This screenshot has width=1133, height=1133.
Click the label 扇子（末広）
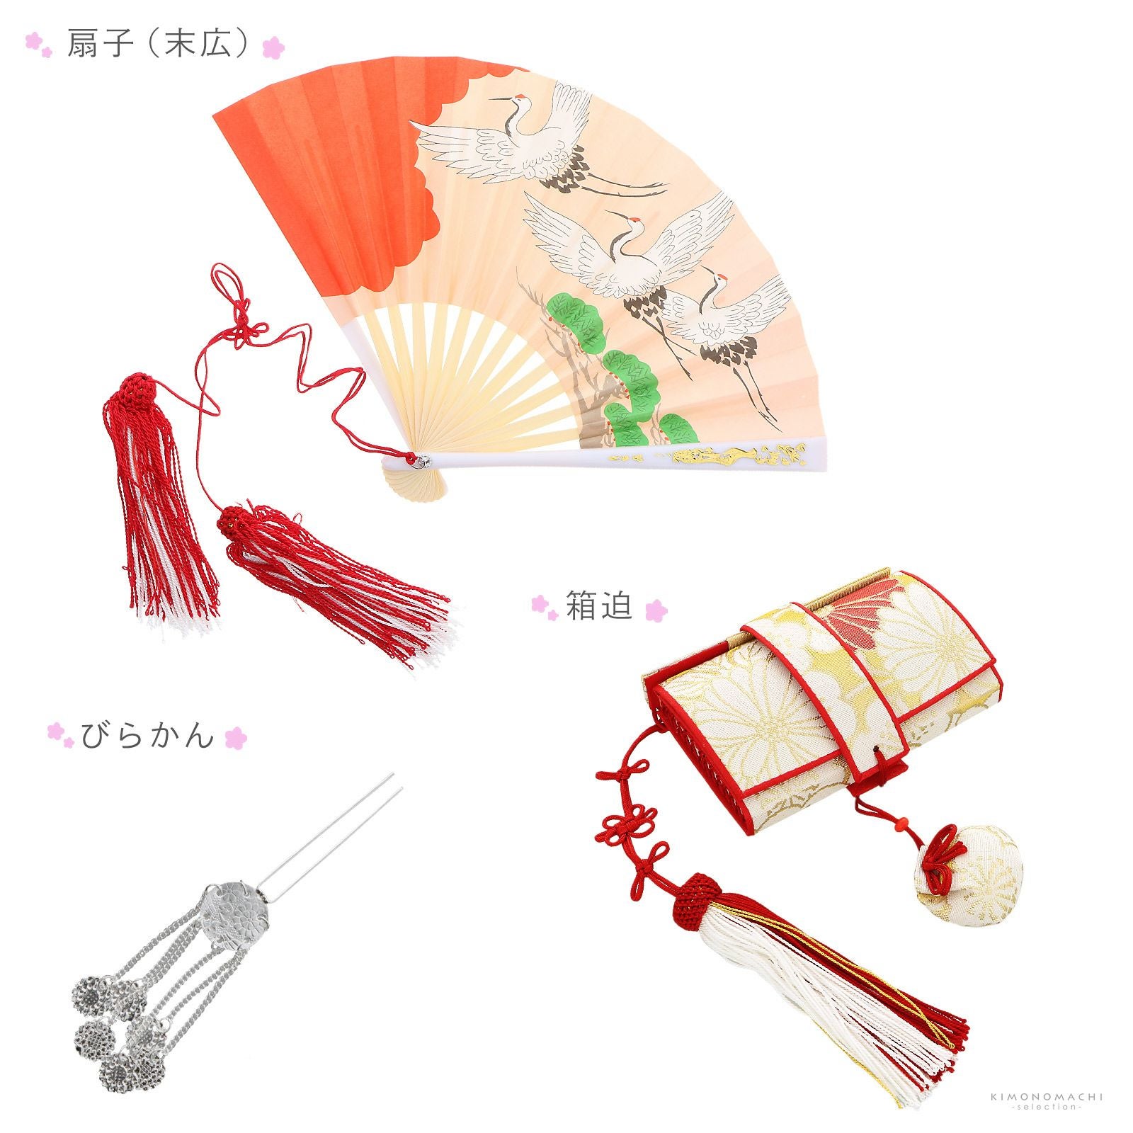click(157, 44)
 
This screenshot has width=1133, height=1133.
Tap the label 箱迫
click(598, 606)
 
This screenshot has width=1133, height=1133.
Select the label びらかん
click(147, 736)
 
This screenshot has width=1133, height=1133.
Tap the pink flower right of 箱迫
click(656, 608)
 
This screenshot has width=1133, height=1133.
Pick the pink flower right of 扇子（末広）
click(273, 48)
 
